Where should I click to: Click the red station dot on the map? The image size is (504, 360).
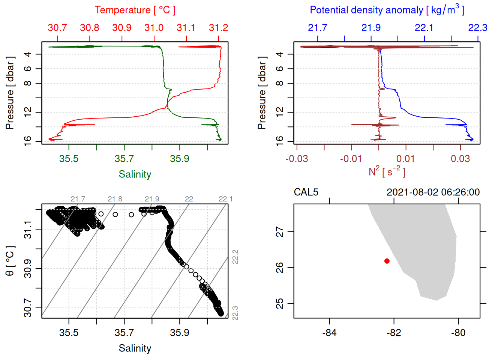tap(387, 261)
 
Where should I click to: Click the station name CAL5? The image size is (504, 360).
tap(306, 192)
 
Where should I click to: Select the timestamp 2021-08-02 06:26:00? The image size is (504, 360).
tap(433, 192)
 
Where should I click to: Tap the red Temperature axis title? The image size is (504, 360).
tap(135, 10)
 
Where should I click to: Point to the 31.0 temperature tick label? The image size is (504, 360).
tap(154, 28)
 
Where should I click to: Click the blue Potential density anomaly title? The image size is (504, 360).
tap(387, 10)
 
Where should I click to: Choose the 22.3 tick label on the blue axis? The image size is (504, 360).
tap(477, 28)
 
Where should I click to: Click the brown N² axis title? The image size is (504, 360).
tap(387, 171)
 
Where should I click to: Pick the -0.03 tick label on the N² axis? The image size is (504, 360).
tap(297, 159)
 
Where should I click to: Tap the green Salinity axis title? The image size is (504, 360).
tap(135, 174)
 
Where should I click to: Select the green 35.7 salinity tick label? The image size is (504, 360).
tap(124, 159)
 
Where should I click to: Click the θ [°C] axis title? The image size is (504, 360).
tap(10, 261)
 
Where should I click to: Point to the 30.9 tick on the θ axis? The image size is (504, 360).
tap(28, 268)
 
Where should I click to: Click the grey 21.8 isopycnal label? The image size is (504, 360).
tap(115, 199)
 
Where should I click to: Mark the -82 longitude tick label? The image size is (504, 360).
tap(394, 333)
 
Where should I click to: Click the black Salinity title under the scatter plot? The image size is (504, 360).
tap(135, 348)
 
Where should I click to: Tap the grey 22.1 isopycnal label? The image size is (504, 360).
tap(225, 199)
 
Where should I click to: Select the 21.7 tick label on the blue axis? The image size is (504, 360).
tap(317, 28)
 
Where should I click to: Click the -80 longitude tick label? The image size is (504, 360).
tap(458, 333)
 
